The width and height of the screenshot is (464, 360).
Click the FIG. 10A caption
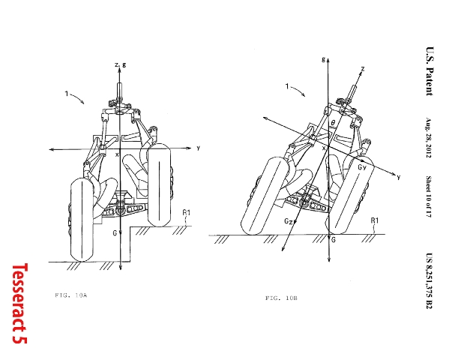[71, 295]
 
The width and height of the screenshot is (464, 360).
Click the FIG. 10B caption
[281, 298]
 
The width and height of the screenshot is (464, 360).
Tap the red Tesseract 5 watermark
[20, 304]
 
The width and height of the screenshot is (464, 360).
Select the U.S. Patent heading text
[430, 71]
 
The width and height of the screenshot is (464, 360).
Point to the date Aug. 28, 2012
[429, 138]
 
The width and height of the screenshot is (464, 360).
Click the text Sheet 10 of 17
[429, 196]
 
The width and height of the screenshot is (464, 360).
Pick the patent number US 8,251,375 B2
[430, 281]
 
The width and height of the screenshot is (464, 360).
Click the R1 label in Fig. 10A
[187, 212]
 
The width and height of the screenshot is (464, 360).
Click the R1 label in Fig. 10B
[375, 220]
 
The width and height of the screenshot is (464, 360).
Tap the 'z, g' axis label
[121, 64]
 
